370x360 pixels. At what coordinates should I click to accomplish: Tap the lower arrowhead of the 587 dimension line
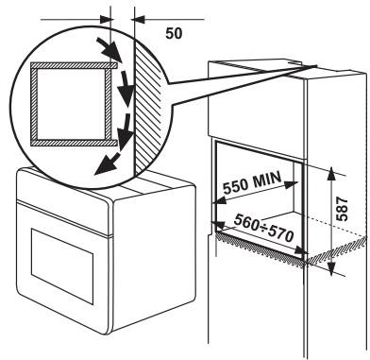click(x=333, y=267)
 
